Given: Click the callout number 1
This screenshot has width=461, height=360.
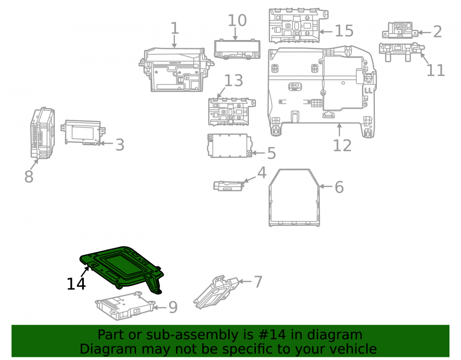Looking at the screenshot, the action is tap(175, 28).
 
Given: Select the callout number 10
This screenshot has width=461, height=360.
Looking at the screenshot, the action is tap(237, 21).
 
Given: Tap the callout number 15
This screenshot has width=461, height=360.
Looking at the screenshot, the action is tap(344, 31).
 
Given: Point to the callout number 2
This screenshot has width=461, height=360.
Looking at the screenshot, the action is tap(437, 32).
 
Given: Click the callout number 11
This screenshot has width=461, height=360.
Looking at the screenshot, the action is tap(436, 71).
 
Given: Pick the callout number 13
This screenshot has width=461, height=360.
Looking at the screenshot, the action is tap(234, 81).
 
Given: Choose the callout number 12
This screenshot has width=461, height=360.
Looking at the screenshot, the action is tap(342, 146).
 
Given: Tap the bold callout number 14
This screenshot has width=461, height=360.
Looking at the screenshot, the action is tap(76, 284).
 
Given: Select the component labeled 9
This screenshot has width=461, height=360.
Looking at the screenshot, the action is tap(124, 306).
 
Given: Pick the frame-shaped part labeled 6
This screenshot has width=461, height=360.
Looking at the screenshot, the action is tap(294, 198).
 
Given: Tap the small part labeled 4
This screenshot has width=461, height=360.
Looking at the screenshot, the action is tap(229, 186).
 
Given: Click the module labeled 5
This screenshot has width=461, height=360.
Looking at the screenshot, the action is tap(230, 146).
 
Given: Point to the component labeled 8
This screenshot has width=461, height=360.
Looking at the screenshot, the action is tap(42, 133).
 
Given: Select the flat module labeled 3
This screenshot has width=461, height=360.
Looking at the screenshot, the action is tap(83, 133).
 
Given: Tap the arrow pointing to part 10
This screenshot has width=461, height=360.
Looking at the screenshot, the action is tap(235, 34).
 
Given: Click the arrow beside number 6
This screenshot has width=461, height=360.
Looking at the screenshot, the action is tap(326, 186).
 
